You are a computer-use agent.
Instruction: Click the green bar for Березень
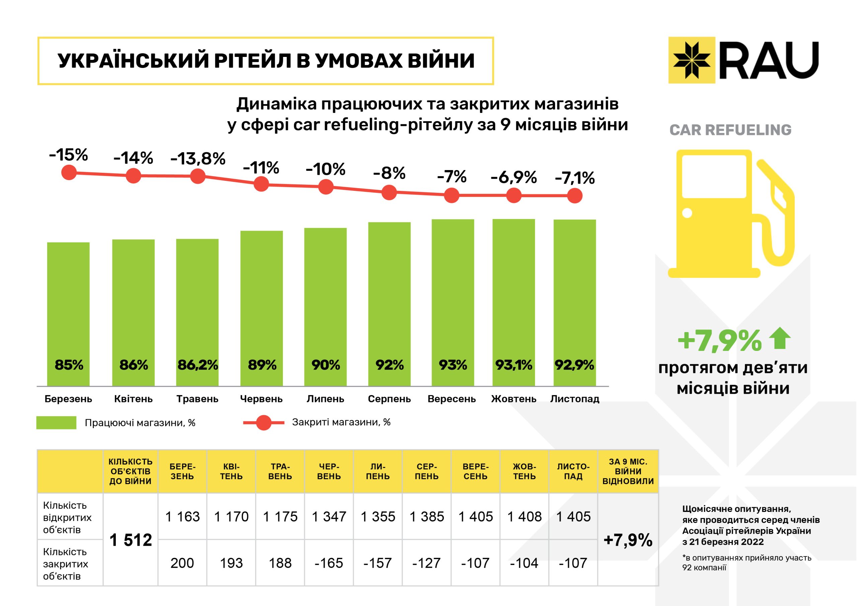coord(68,314)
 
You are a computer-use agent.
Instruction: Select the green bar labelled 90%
coord(325,306)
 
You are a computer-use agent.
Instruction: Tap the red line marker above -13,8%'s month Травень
coord(198,176)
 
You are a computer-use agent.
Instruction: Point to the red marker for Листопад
coord(574,195)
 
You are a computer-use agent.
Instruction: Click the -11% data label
coord(261,168)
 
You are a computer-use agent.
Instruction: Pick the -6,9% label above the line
coord(514,177)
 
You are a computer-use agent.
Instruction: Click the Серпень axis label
coord(389,399)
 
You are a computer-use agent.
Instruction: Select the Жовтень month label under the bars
coord(514,399)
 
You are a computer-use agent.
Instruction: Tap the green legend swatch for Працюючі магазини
coord(56,423)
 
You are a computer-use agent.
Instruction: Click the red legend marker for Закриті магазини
coord(264,423)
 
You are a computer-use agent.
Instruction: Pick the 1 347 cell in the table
coord(329,517)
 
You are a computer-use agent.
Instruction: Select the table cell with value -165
coord(329,563)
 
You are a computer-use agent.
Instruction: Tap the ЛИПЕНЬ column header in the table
coord(378,471)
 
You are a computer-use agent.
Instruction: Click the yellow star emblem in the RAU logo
coord(691,60)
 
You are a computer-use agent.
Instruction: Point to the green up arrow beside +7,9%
coord(780,338)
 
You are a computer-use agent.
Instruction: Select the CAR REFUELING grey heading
coord(730,130)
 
